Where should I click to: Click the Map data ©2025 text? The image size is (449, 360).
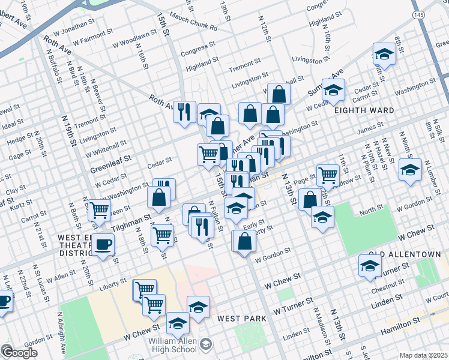423,355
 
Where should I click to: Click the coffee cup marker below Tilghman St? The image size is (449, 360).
103,244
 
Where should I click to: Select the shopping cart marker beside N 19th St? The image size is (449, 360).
99,210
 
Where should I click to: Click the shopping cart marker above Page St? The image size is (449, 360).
328,175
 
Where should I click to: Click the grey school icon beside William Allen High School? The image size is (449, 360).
206,343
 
